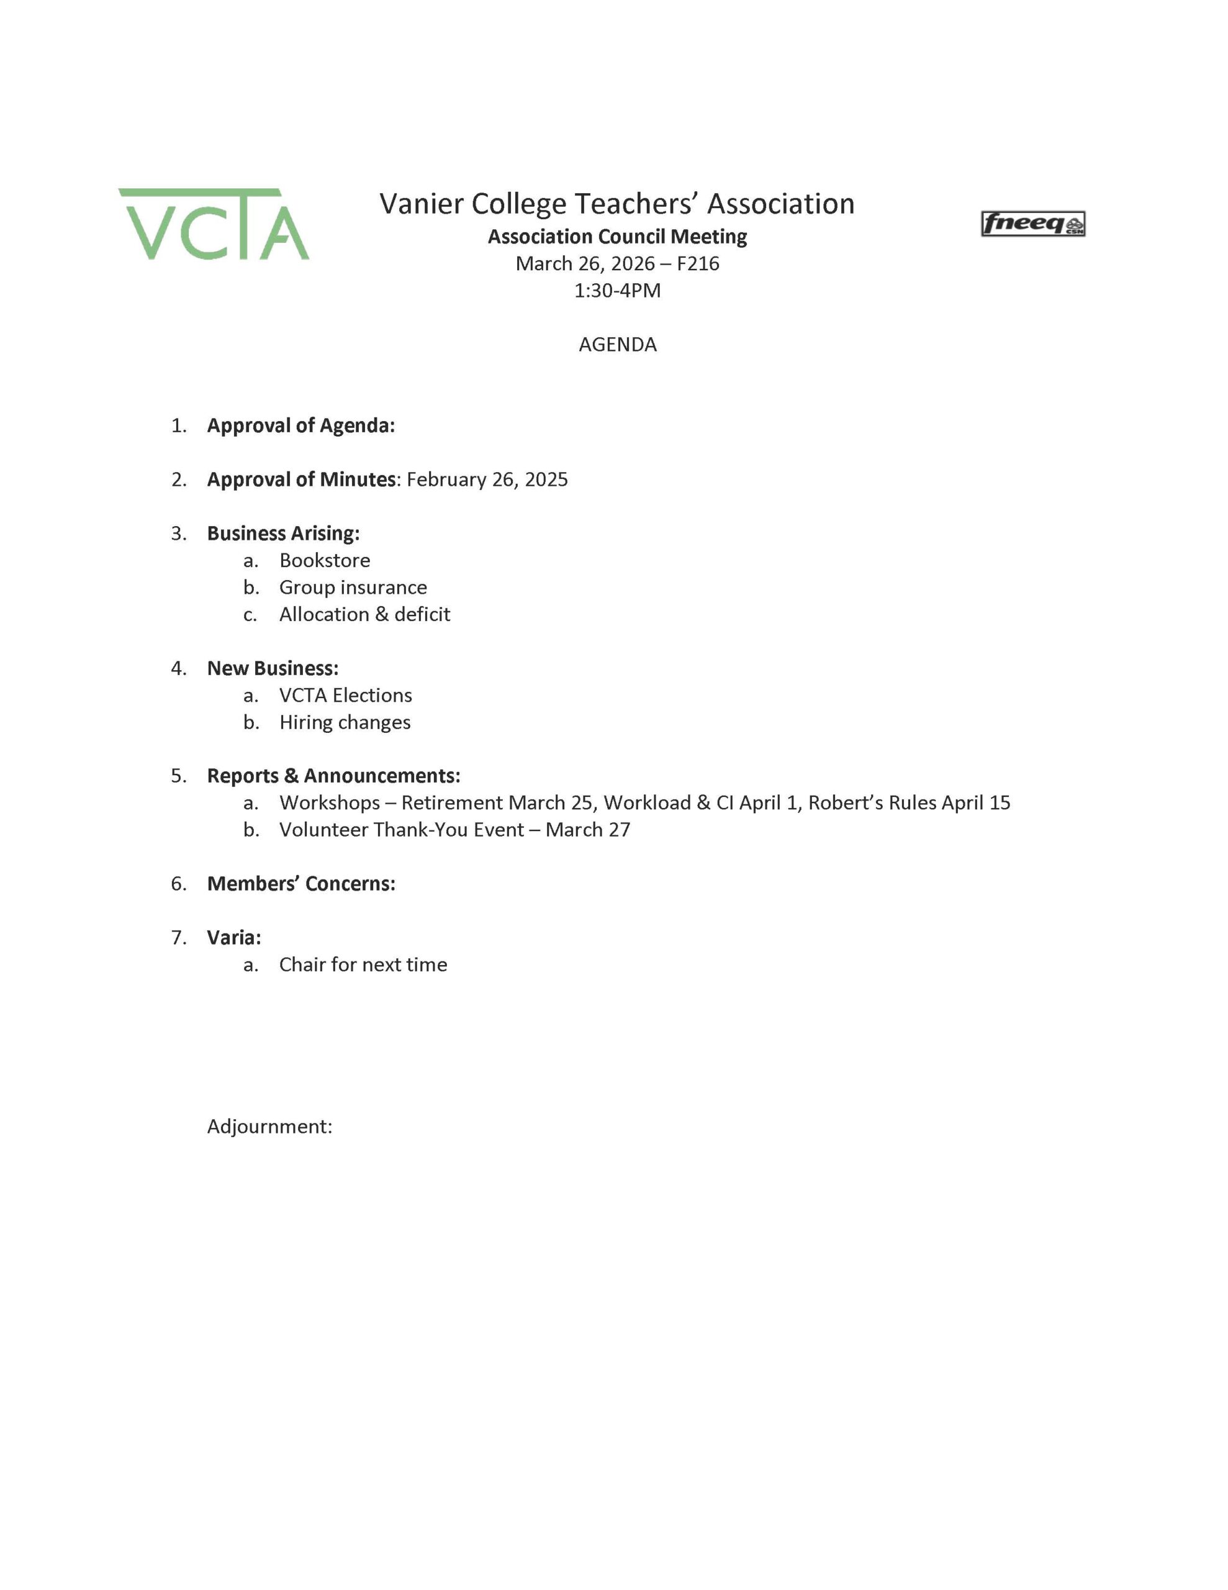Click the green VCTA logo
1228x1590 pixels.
(214, 224)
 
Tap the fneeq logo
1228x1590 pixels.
(1032, 224)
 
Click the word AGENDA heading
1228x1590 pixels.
(617, 344)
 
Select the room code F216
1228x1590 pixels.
(697, 263)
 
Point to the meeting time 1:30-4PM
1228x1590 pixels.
(617, 291)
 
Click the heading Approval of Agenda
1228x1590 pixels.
(300, 425)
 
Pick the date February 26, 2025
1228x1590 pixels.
(487, 479)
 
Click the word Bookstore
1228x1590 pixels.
(325, 560)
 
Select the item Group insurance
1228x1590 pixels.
(353, 587)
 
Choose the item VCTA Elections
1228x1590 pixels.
(346, 695)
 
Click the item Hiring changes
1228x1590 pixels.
(345, 722)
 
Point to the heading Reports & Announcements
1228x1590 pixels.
(333, 775)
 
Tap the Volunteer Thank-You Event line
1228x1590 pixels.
(454, 829)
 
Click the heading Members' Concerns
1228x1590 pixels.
(300, 883)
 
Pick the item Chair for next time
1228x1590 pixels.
(363, 964)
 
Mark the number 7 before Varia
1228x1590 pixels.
(178, 937)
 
